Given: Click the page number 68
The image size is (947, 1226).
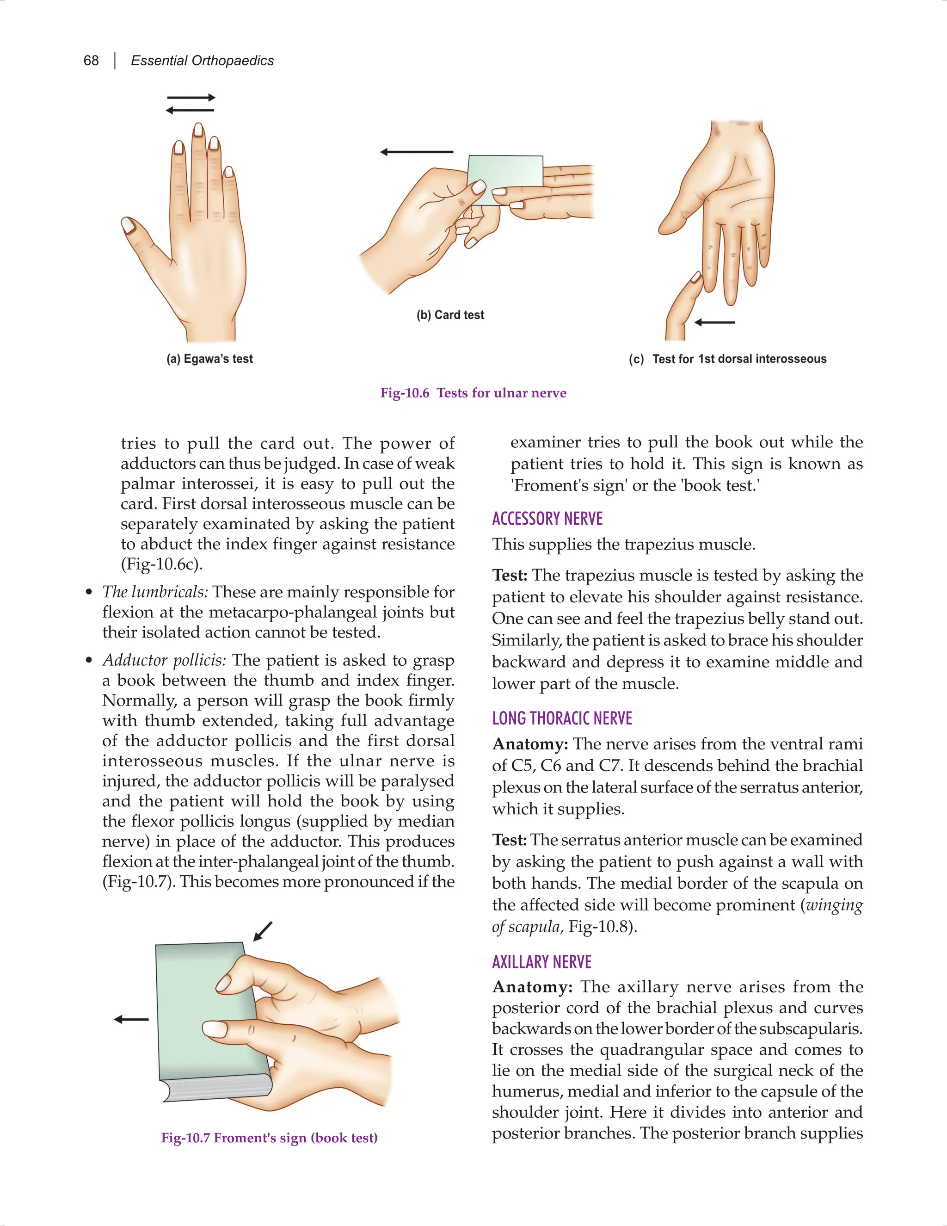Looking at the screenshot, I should (91, 61).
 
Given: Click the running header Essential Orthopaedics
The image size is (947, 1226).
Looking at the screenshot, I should (202, 61).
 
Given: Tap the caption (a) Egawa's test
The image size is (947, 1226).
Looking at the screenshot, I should (209, 359).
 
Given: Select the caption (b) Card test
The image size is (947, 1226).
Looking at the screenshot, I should (450, 315).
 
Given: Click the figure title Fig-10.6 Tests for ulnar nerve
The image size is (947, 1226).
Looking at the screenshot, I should (473, 393).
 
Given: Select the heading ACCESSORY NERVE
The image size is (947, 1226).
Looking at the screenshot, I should (547, 518).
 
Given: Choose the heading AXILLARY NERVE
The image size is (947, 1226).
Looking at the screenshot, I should (541, 962).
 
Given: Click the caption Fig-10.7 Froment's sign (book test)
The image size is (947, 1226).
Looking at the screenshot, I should (269, 1138).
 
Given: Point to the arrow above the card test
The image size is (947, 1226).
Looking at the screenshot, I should (416, 152).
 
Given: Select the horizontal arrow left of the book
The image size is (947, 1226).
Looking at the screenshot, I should (131, 1019).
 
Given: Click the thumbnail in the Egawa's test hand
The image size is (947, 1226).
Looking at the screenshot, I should (129, 225).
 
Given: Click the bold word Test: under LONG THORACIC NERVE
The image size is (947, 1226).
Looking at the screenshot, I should (509, 840).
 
